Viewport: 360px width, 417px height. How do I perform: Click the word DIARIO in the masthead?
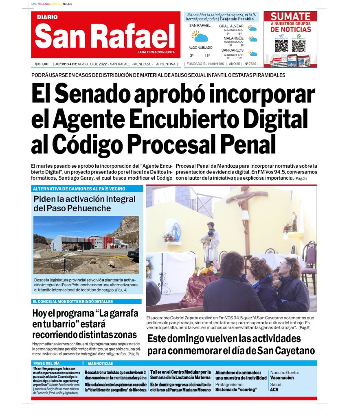(x=47, y=17)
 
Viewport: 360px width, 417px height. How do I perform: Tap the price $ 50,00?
(x=42, y=64)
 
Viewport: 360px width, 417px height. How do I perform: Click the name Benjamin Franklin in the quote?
(x=237, y=19)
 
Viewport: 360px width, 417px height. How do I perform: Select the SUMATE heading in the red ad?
(x=290, y=16)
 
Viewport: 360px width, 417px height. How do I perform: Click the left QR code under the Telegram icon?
(x=281, y=46)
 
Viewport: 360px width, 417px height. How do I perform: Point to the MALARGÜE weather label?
(x=233, y=38)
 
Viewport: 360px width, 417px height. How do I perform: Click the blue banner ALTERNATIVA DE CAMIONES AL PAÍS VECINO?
(x=79, y=189)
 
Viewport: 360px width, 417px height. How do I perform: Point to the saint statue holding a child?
(x=211, y=242)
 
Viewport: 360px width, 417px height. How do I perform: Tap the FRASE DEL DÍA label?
(x=46, y=363)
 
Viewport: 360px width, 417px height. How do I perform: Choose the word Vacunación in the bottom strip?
(x=282, y=378)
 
